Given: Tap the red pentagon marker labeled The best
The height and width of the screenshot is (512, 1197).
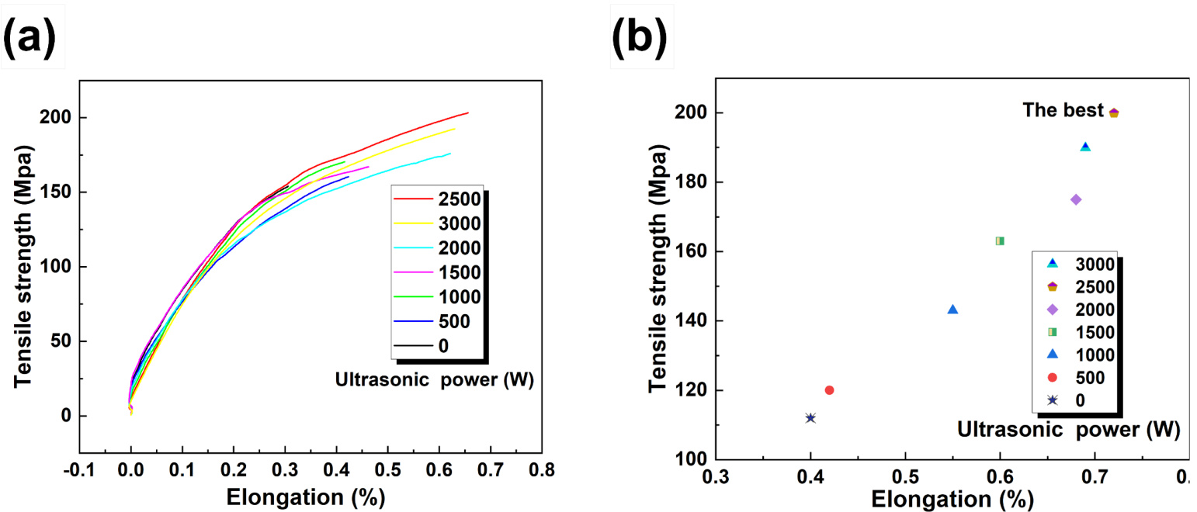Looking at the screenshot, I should tap(1114, 113).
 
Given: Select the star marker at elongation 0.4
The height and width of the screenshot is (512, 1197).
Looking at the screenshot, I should tap(810, 418).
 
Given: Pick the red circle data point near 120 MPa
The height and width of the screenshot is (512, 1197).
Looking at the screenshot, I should tap(829, 390).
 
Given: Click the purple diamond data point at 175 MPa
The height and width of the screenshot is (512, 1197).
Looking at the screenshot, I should tap(1076, 199).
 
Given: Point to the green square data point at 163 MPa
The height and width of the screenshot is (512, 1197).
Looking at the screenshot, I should tap(1000, 240).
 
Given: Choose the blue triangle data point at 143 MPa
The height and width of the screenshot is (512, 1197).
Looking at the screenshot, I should tap(952, 310).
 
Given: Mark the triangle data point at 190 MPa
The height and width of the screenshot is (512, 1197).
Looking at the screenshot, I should tap(1085, 147).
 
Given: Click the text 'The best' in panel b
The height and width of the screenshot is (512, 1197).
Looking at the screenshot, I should tap(1062, 111).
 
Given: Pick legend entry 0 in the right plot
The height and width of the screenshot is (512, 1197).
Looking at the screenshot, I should tap(1080, 400).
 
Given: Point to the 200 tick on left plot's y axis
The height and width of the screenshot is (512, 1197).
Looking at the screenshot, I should tap(57, 118).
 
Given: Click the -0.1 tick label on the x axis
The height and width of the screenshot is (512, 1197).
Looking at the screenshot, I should tap(79, 470).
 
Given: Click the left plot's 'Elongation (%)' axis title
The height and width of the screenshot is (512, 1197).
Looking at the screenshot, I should tap(306, 496).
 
